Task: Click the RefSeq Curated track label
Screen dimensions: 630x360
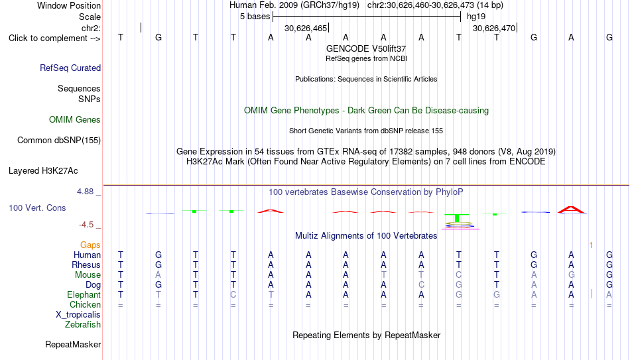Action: [70, 68]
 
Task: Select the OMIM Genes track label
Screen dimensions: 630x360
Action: [75, 120]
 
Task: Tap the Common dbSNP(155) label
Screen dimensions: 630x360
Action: [59, 141]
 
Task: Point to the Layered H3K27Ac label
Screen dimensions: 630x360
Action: [43, 171]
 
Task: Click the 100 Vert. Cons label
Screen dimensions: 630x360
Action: [37, 208]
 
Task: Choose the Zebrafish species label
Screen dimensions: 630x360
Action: [83, 324]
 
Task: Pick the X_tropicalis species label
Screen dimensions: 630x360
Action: [78, 315]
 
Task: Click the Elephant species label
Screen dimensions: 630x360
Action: [84, 294]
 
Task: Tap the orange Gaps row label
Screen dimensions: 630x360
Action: [90, 245]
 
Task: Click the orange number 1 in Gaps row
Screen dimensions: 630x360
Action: [591, 245]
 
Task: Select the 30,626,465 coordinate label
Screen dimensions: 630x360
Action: [306, 28]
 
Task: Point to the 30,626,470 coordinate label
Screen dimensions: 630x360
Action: [494, 28]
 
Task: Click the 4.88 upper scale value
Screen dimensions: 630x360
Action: [85, 192]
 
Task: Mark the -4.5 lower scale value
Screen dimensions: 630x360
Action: [86, 225]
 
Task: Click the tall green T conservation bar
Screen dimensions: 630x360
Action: [457, 217]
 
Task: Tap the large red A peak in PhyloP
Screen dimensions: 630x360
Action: [571, 210]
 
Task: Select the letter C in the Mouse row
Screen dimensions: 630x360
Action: [459, 275]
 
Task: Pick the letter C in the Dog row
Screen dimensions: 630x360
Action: [421, 285]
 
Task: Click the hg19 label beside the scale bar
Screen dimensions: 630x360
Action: [476, 17]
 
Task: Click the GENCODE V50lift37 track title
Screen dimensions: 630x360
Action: [366, 48]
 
